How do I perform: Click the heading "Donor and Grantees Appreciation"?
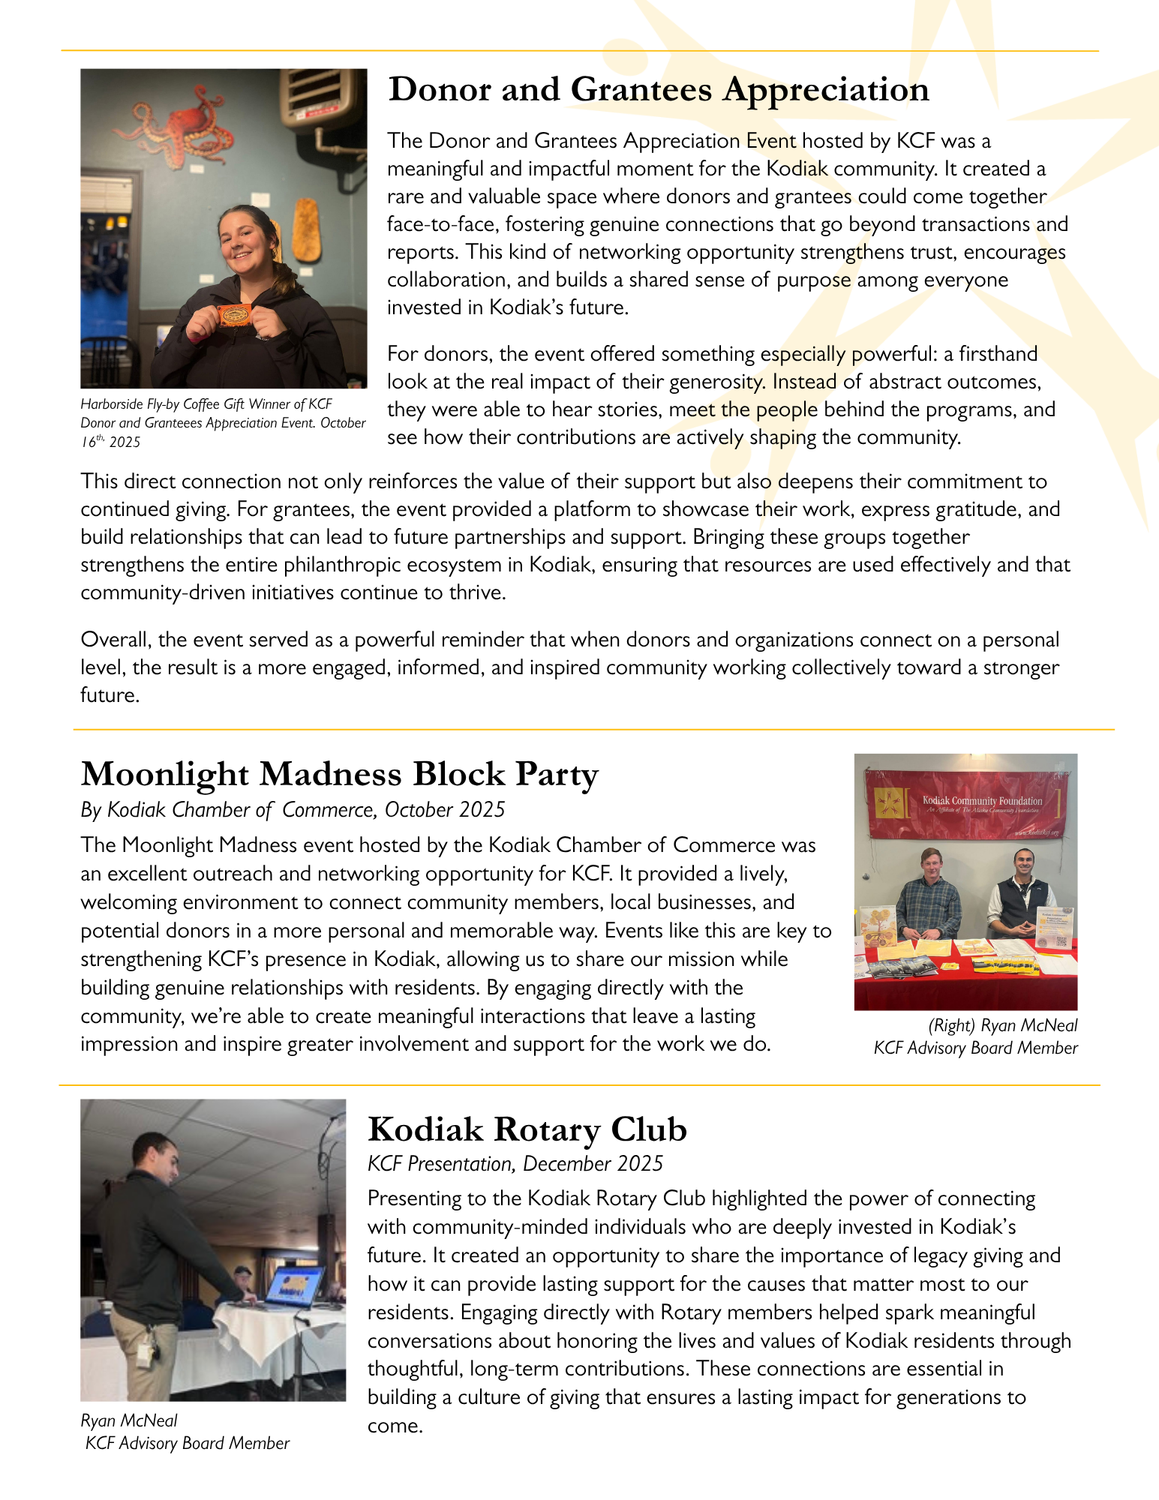click(x=659, y=90)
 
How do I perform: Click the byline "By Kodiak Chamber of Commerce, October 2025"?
click(x=293, y=810)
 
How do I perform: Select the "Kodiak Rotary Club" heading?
click(x=527, y=1129)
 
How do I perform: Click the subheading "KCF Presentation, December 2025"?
click(x=515, y=1164)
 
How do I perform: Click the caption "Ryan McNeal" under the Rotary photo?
click(x=129, y=1420)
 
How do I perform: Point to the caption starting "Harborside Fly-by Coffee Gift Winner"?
click(x=223, y=422)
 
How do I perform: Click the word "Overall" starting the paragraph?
click(x=116, y=640)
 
